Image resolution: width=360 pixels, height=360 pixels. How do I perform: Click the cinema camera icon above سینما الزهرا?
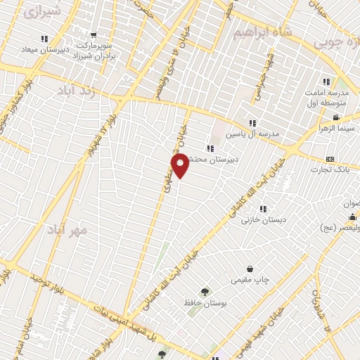(x=337, y=117)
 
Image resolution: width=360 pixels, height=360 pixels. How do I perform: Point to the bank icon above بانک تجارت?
(x=330, y=159)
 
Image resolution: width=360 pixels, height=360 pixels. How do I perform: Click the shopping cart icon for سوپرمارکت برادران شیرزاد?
(x=94, y=35)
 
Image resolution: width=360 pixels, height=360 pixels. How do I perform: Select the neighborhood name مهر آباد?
(x=68, y=230)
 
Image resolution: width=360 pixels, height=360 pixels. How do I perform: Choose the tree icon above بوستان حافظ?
(x=205, y=292)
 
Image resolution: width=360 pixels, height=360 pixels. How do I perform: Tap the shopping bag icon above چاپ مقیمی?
(x=250, y=269)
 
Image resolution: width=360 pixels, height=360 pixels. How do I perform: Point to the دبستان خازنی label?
(x=261, y=220)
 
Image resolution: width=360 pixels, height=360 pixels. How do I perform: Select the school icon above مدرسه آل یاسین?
(x=252, y=123)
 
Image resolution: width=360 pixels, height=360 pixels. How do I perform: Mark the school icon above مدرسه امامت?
(x=326, y=82)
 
